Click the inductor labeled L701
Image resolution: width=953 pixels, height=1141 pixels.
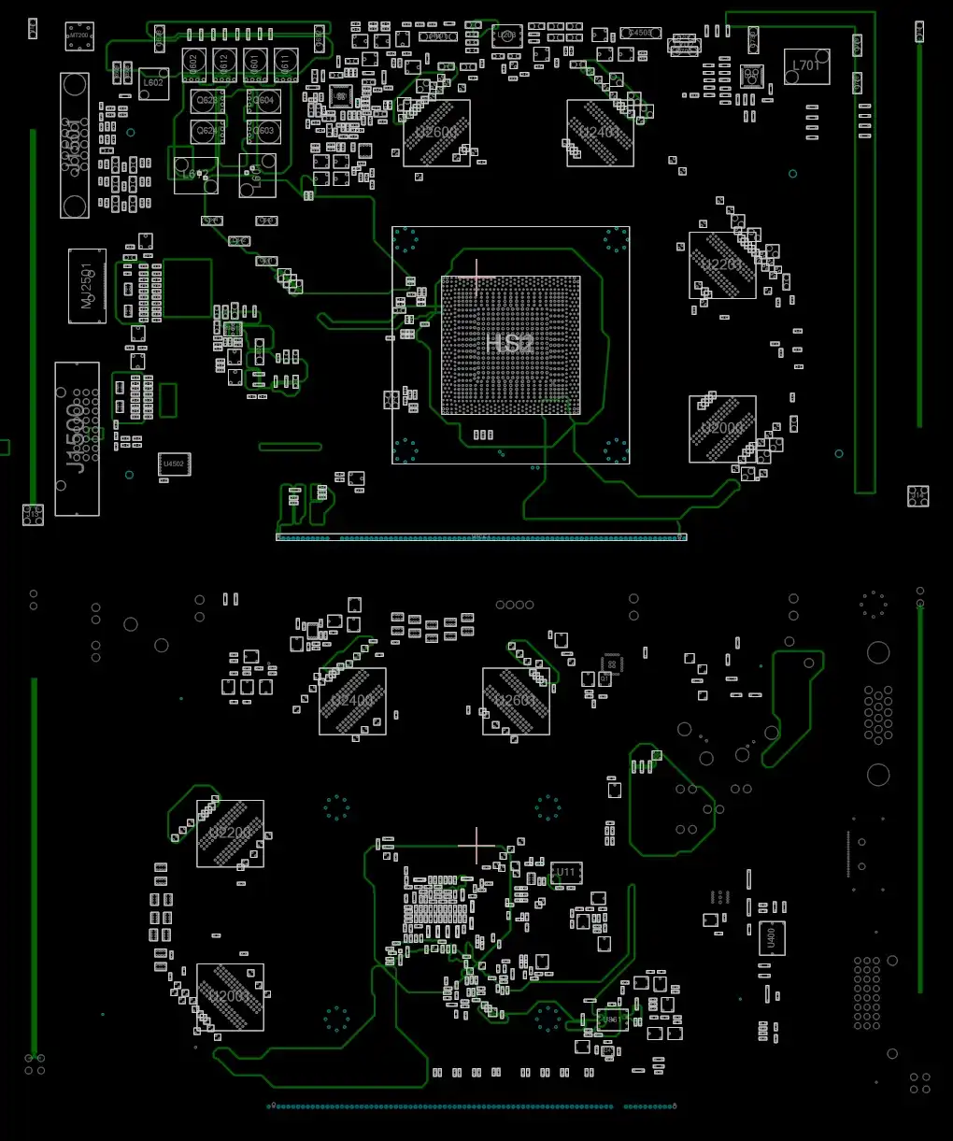[x=806, y=66]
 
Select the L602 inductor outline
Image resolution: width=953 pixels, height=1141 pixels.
[x=153, y=83]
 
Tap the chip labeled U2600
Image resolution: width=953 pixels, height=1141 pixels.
[x=436, y=133]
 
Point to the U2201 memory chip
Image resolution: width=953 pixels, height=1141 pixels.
[x=722, y=265]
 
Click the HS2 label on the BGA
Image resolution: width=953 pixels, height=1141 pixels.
[x=509, y=344]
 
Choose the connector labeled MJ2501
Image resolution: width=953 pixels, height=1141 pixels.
[x=87, y=286]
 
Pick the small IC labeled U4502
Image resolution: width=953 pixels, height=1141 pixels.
[x=174, y=464]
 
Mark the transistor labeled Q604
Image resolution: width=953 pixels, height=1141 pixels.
[x=264, y=101]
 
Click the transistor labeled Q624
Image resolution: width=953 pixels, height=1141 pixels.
[x=207, y=131]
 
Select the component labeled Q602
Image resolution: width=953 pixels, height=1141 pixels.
[x=193, y=64]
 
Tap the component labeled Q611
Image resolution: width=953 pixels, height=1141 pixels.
[x=285, y=64]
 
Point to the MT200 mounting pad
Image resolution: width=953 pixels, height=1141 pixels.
[x=79, y=36]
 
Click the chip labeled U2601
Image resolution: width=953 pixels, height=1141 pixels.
[x=516, y=701]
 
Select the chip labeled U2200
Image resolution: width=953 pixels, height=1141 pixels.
[x=230, y=833]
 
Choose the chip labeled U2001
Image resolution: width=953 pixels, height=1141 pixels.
[x=230, y=996]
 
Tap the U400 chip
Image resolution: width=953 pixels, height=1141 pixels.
[x=772, y=937]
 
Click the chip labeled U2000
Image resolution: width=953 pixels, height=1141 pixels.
[x=722, y=429]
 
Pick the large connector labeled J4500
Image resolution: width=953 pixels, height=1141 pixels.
[x=77, y=438]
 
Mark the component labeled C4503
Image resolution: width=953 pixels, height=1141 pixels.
[x=640, y=33]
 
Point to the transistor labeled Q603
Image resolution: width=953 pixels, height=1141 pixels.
[x=264, y=131]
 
